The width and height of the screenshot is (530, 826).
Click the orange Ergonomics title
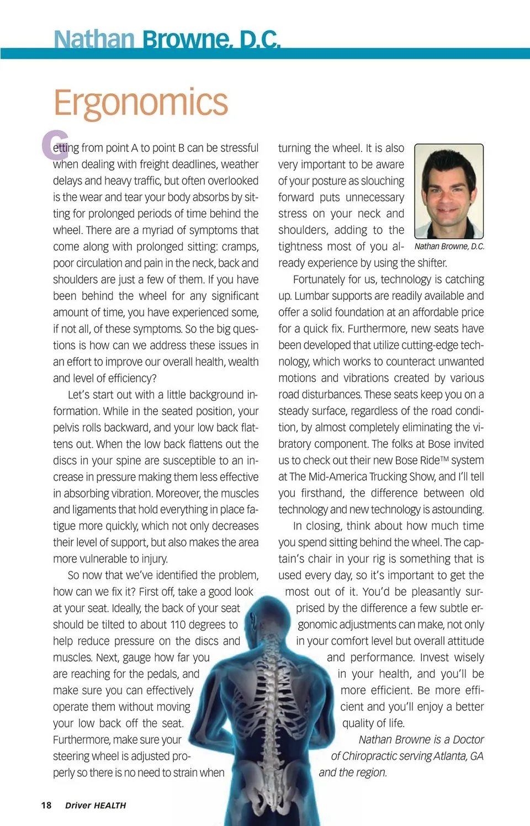[x=140, y=102]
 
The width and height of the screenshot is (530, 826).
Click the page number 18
[x=46, y=805]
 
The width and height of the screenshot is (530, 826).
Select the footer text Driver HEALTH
[x=96, y=806]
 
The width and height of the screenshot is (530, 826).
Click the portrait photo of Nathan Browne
[x=448, y=191]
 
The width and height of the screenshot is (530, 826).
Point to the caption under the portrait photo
[x=449, y=246]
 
